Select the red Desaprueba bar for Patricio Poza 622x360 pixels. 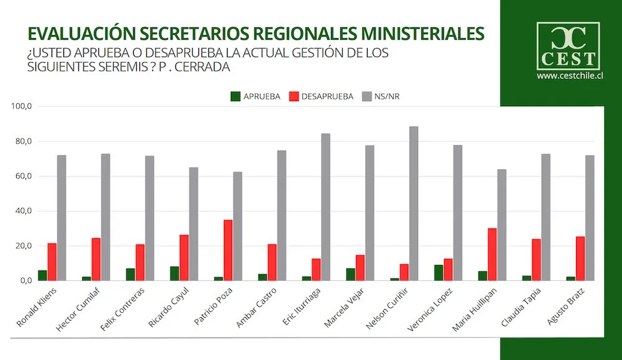coord(228,250)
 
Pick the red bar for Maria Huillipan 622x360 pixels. coord(492,254)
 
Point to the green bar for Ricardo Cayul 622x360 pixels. coord(175,274)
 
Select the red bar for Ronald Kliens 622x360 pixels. coord(52,262)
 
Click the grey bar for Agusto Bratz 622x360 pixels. coord(590,218)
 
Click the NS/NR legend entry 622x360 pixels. coord(385,96)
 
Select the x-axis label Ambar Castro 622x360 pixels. coord(256,307)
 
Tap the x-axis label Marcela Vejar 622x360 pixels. coord(345,308)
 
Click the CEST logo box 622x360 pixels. coord(568,45)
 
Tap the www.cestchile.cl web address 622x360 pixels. coord(569,76)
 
